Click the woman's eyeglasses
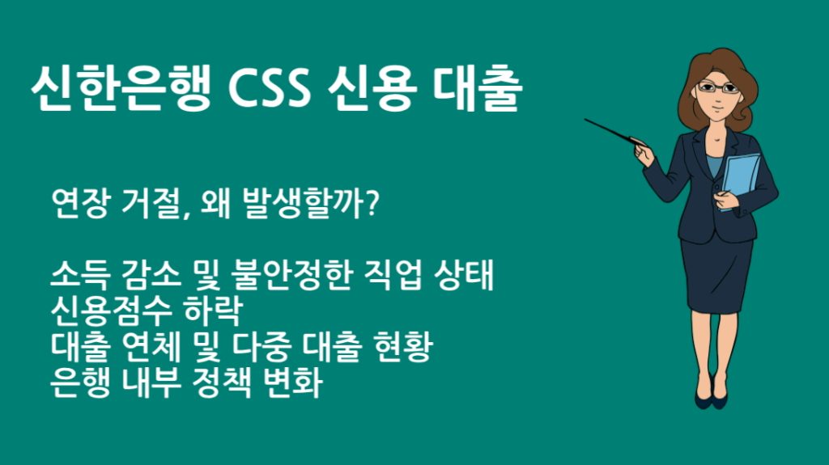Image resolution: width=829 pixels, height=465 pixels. (718, 87)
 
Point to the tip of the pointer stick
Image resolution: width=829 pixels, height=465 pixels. (586, 121)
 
